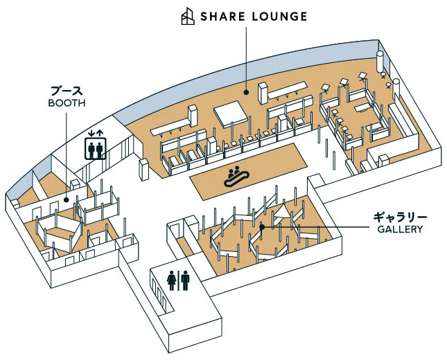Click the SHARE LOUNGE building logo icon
click(188, 16)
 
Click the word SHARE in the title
click(222, 17)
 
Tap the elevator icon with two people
click(96, 148)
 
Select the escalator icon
click(237, 177)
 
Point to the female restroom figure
click(172, 280)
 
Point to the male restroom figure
click(185, 280)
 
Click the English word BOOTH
click(67, 103)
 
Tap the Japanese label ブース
click(67, 91)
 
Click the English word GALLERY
click(400, 229)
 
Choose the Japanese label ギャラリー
click(401, 217)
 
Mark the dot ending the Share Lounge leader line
click(246, 92)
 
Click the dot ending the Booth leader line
click(67, 200)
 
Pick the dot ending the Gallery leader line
click(262, 227)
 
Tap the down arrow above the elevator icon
click(91, 133)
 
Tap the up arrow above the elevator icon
click(100, 133)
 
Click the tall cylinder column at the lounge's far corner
click(380, 61)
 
